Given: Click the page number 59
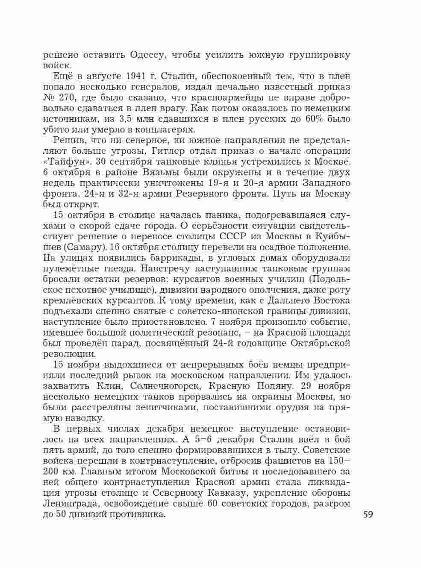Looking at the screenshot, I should coord(368,514).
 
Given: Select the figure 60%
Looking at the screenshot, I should coord(315,119).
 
